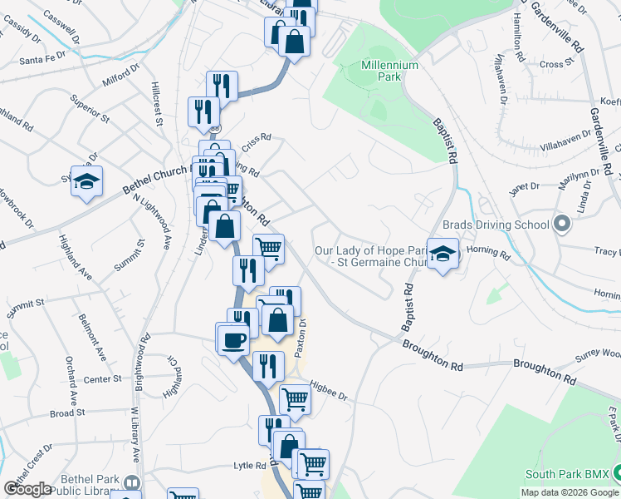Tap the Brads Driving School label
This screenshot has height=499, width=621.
(496, 225)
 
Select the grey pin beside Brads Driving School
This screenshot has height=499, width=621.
(561, 225)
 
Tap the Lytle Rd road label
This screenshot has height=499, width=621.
(248, 466)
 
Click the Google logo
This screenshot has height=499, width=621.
(27, 489)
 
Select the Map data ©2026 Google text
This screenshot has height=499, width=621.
(570, 492)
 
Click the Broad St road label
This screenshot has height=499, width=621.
(67, 413)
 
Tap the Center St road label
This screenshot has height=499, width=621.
(103, 379)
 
